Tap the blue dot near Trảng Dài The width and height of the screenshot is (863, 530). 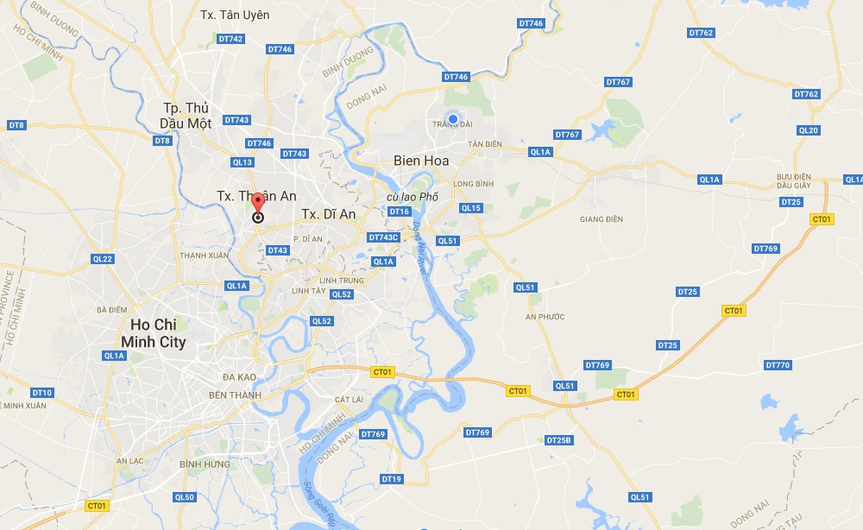[x=452, y=119]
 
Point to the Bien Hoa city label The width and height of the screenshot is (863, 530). [x=421, y=161]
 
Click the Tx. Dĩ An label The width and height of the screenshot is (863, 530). [x=328, y=214]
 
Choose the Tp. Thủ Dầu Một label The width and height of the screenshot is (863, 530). [x=187, y=116]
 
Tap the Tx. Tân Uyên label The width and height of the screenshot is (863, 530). [x=235, y=15]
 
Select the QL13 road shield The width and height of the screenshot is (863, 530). [x=243, y=162]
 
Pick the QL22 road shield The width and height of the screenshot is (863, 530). [x=103, y=259]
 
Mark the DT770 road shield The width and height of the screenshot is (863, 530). [x=778, y=365]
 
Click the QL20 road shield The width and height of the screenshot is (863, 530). [x=809, y=130]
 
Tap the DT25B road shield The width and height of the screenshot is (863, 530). [x=559, y=440]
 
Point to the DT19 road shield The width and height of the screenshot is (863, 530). [x=391, y=479]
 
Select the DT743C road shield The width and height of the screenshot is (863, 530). [x=383, y=237]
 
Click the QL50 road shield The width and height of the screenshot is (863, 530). [x=185, y=497]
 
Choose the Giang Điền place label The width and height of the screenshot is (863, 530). [x=602, y=219]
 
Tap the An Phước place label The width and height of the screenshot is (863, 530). [x=545, y=317]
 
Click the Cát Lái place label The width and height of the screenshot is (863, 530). [x=349, y=400]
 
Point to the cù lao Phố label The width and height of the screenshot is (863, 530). [x=412, y=197]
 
